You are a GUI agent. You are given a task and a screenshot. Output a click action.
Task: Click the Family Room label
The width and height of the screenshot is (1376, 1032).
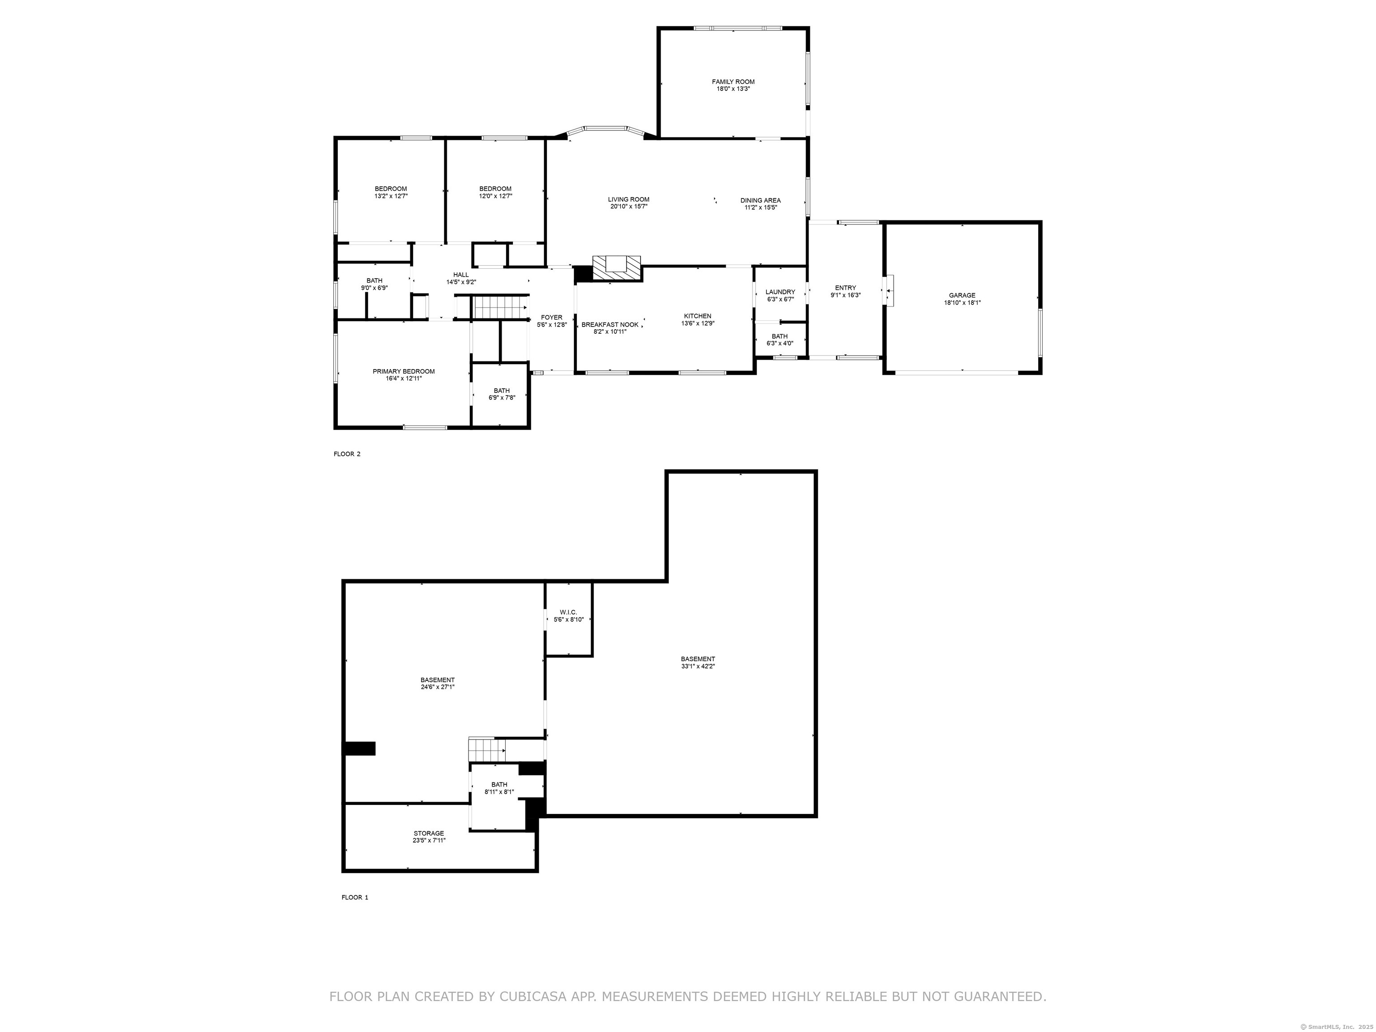tap(733, 82)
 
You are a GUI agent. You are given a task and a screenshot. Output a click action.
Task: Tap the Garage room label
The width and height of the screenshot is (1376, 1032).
tap(962, 296)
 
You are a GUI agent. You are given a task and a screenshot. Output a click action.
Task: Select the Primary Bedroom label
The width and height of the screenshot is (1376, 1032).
tap(404, 371)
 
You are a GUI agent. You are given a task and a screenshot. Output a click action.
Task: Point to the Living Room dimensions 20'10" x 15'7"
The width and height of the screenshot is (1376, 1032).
tap(629, 206)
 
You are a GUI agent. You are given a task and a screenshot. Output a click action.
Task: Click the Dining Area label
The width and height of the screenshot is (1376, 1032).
tap(760, 200)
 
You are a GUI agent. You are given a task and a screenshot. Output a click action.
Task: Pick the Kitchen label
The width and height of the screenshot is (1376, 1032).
tap(697, 316)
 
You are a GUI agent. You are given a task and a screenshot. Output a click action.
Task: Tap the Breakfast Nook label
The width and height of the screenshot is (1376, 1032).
tap(610, 325)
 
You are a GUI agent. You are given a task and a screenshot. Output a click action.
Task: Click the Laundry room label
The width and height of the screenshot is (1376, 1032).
tap(780, 292)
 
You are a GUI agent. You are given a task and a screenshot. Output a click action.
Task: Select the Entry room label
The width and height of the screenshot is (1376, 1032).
tap(845, 288)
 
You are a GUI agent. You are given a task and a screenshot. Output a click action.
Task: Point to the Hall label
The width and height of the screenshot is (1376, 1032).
tap(461, 274)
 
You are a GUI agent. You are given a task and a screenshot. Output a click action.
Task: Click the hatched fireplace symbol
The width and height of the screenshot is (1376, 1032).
tap(616, 267)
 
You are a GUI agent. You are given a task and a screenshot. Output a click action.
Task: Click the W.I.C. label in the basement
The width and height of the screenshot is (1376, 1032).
tap(568, 612)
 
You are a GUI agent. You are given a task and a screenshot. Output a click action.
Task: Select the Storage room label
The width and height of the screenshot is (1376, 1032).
tap(429, 834)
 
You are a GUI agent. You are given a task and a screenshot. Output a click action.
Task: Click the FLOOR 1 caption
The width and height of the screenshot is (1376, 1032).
tap(355, 898)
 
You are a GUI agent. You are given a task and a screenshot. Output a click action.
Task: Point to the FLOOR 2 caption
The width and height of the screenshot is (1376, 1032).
tap(347, 454)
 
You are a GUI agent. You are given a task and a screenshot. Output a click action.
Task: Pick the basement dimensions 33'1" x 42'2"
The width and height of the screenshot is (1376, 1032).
tap(698, 666)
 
